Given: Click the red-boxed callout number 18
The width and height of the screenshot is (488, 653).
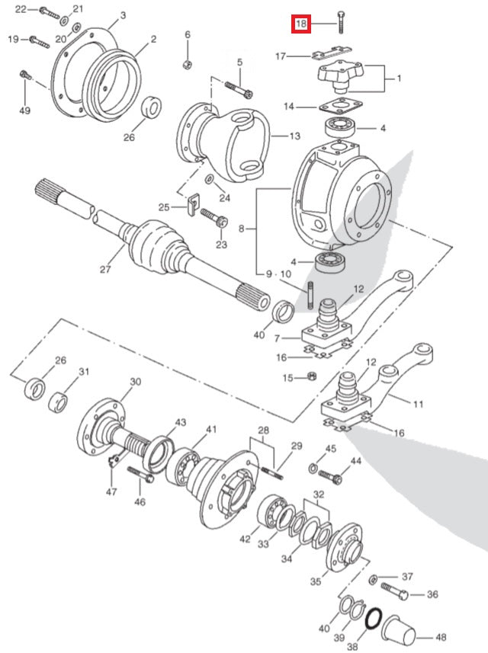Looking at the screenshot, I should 301,24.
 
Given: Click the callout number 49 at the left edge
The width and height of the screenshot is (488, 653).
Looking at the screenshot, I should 24,111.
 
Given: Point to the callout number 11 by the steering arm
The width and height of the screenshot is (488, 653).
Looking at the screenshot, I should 418,405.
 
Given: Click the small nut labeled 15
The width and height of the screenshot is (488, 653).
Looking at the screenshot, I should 311,376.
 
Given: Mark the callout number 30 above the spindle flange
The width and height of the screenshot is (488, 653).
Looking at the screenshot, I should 135,382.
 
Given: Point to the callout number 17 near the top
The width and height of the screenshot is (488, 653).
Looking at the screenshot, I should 281,56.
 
